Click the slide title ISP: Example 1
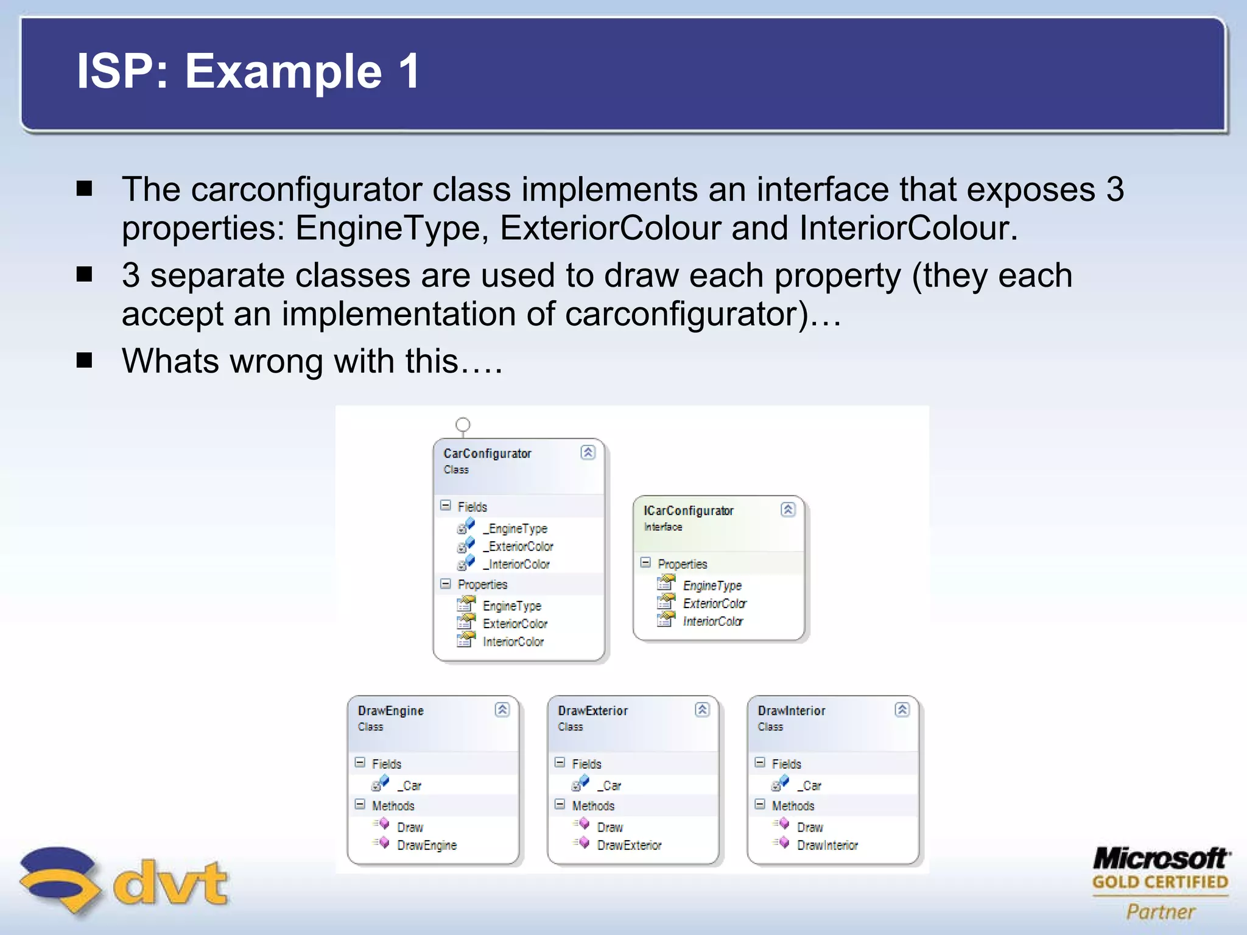[x=248, y=71]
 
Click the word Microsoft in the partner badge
[x=1161, y=858]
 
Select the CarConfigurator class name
[x=487, y=453]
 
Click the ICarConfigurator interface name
[x=688, y=511]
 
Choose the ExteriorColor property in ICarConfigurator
[x=714, y=603]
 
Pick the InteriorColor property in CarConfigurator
[x=513, y=642]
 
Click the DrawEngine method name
[x=426, y=845]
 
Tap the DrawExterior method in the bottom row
[x=628, y=845]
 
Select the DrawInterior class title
[x=791, y=710]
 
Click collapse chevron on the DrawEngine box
[x=502, y=710]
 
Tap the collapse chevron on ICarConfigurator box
[x=788, y=510]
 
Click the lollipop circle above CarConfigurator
[x=463, y=424]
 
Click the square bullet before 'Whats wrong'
[x=84, y=360]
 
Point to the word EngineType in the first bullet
[x=387, y=228]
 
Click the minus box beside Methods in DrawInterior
[x=760, y=804]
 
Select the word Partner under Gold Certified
[x=1161, y=911]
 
